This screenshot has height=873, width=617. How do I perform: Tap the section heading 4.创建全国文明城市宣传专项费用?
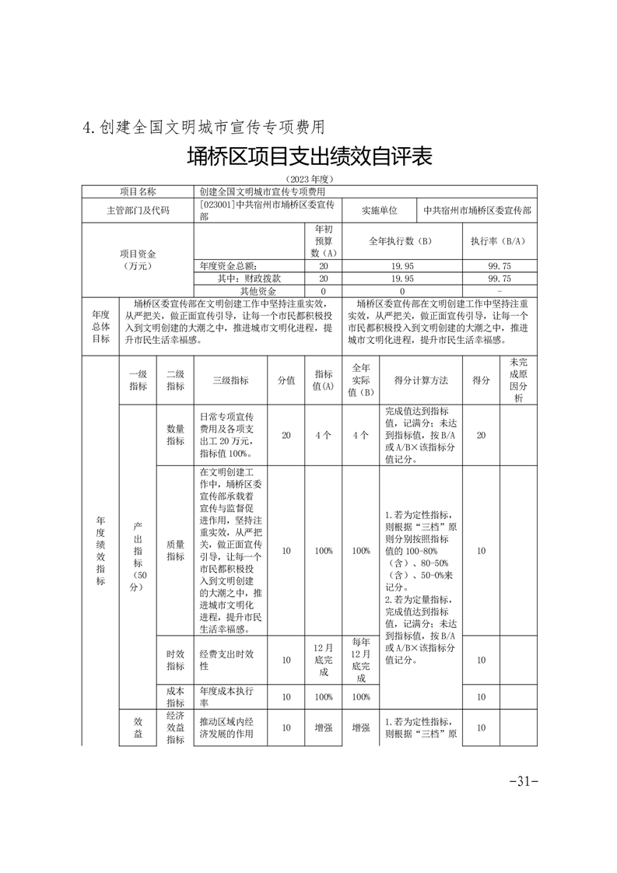[x=203, y=126]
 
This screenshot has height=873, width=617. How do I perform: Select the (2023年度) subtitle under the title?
[x=308, y=179]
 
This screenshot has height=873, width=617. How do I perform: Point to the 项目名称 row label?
[x=138, y=191]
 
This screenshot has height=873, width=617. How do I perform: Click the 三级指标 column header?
[x=230, y=380]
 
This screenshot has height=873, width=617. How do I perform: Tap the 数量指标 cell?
[x=175, y=435]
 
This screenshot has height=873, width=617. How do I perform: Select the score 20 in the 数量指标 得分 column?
[x=481, y=435]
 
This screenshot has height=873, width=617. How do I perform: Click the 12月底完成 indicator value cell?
[x=324, y=660]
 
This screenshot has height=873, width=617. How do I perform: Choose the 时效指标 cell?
[x=175, y=660]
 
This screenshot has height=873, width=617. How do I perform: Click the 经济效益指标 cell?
[x=175, y=727]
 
